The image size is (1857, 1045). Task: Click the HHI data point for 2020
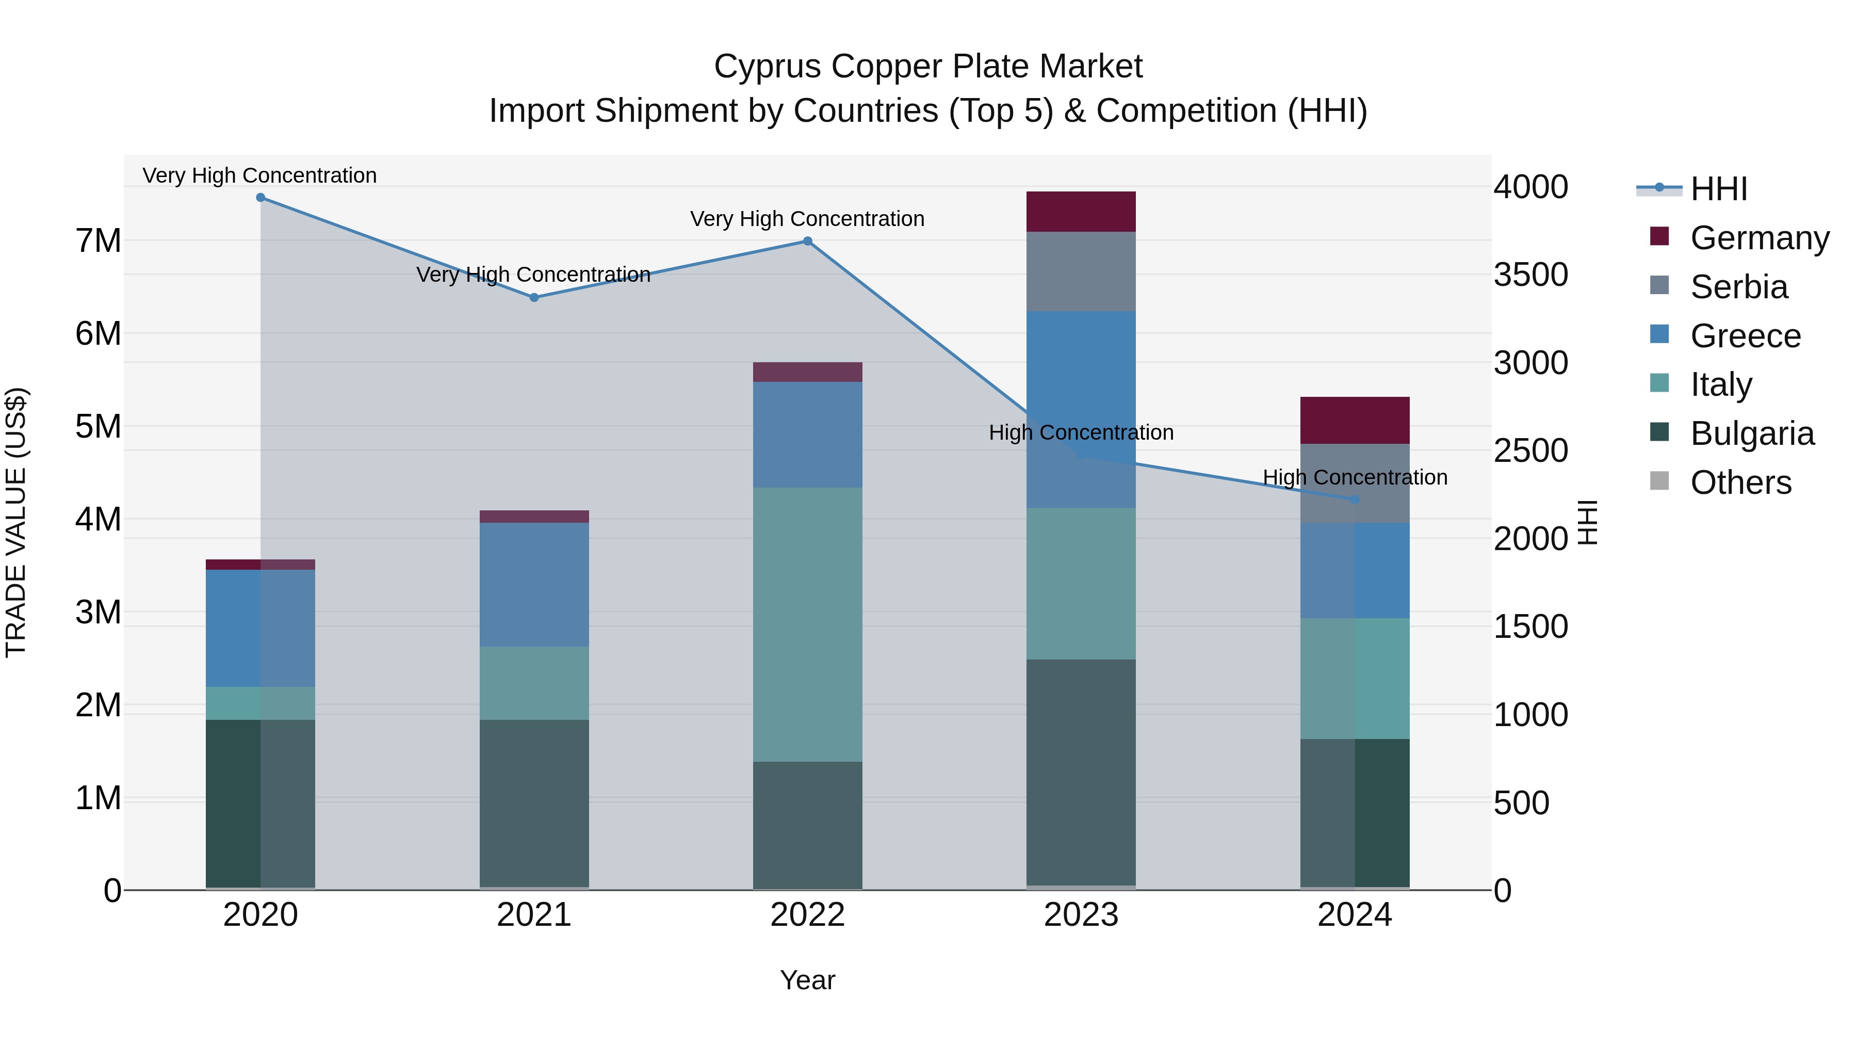pyautogui.click(x=260, y=198)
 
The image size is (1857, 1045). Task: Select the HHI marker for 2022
pyautogui.click(x=807, y=242)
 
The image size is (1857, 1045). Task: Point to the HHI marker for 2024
pyautogui.click(x=1355, y=500)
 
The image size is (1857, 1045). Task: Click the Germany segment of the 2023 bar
pyautogui.click(x=1081, y=212)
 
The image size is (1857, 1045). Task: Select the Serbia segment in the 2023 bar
pyautogui.click(x=1081, y=272)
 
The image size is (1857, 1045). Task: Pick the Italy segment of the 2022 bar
pyautogui.click(x=807, y=624)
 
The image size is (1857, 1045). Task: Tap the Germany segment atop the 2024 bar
pyautogui.click(x=1355, y=421)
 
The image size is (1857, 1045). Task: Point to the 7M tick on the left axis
pyautogui.click(x=99, y=241)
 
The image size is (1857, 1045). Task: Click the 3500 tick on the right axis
pyautogui.click(x=1530, y=275)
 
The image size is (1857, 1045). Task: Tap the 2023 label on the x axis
pyautogui.click(x=1081, y=915)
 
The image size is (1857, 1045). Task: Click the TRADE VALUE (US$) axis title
pyautogui.click(x=17, y=522)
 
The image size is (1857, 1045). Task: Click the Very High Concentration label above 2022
pyautogui.click(x=807, y=218)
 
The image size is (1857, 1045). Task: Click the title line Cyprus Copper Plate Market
pyautogui.click(x=928, y=67)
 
